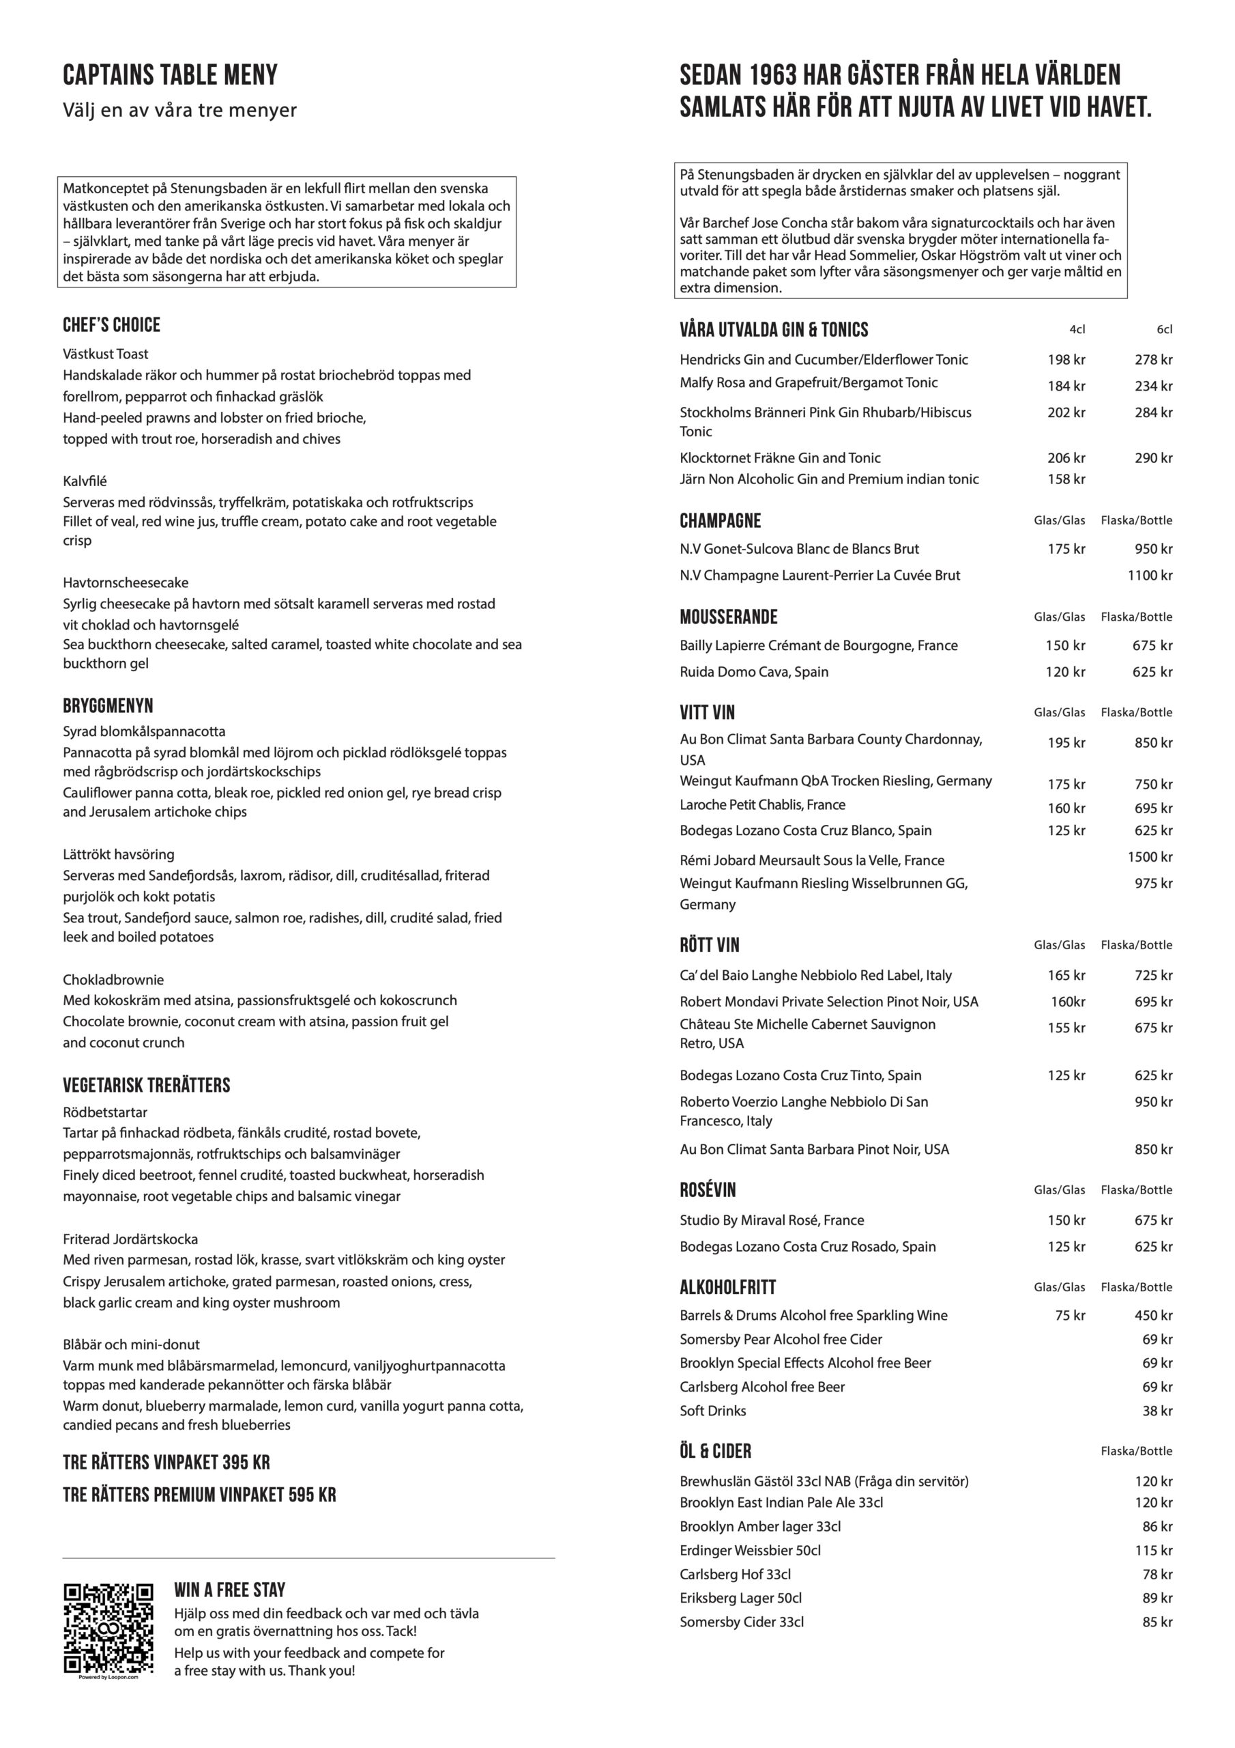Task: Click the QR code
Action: (108, 1637)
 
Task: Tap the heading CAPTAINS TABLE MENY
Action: (170, 75)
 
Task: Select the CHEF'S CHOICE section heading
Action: (111, 325)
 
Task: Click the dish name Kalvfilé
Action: (85, 481)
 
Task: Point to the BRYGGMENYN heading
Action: (108, 706)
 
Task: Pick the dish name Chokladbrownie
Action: (113, 980)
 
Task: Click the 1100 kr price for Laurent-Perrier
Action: (1149, 576)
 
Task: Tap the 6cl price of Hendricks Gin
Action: (1153, 360)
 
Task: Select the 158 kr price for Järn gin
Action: (1065, 479)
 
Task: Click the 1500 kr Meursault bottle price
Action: (1149, 857)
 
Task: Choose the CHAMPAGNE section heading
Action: (720, 521)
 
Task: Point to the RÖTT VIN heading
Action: (709, 945)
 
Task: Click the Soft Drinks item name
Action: (712, 1411)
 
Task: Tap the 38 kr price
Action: (1157, 1411)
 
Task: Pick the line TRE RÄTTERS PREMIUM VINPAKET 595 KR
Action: (199, 1495)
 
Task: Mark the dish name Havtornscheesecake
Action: (126, 583)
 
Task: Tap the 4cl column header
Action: (1077, 330)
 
